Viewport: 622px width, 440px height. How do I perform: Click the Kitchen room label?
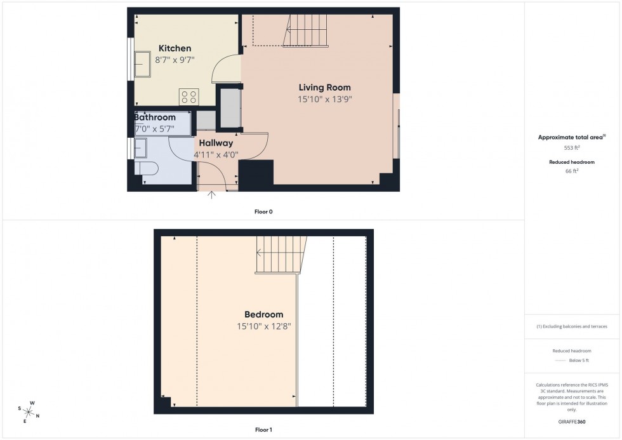coord(175,49)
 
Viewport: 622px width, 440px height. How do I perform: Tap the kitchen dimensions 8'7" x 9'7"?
coord(175,60)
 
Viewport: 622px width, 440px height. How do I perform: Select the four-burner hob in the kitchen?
coord(189,97)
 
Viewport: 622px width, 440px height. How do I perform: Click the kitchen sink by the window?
coord(142,63)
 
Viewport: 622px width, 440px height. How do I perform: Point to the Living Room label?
coord(325,88)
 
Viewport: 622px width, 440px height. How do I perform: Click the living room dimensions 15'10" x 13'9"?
coord(325,99)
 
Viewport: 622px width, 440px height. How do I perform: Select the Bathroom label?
coord(155,117)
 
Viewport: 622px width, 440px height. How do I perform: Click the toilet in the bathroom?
coord(146,168)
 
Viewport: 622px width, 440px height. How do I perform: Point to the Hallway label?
coord(215,143)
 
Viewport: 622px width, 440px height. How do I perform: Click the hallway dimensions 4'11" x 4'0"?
coord(216,154)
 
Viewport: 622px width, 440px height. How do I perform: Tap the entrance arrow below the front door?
coord(212,194)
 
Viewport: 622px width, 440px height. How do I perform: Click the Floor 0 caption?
coord(263,211)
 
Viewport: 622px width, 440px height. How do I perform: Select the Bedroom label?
coord(263,315)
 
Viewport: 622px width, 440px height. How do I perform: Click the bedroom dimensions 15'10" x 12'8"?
coord(263,326)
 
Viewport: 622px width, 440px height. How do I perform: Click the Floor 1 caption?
coord(263,430)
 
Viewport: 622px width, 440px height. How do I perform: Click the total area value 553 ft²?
coord(572,147)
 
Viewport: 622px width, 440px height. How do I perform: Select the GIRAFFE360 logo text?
coord(572,422)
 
